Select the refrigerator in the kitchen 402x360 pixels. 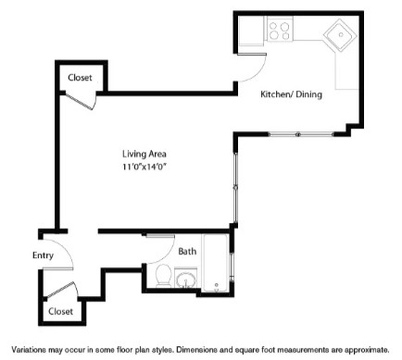click(x=251, y=31)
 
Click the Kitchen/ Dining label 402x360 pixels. click(x=291, y=93)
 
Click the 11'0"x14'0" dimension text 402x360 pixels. click(x=144, y=167)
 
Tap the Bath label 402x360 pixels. click(x=187, y=251)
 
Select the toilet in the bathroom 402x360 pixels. click(x=162, y=274)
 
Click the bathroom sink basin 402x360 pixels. click(x=186, y=278)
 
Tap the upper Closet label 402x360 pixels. click(x=80, y=78)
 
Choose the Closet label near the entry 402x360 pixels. click(x=61, y=311)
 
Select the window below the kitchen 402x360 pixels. click(x=296, y=135)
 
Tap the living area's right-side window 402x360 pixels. click(x=236, y=185)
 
